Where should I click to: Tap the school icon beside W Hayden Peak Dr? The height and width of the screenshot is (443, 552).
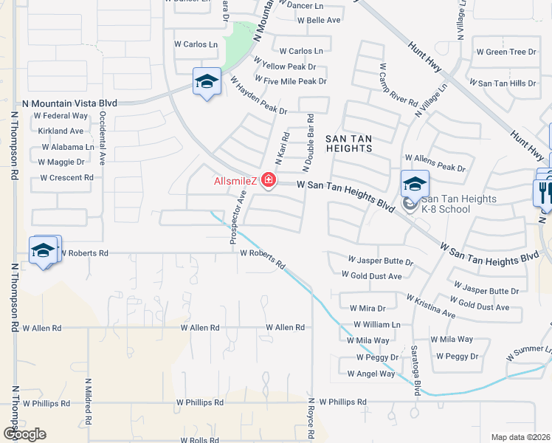click(207, 82)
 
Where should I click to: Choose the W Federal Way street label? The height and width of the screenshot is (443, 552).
click(61, 116)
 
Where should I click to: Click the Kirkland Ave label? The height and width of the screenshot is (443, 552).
click(61, 131)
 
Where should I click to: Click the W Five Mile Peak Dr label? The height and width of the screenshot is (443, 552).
click(290, 81)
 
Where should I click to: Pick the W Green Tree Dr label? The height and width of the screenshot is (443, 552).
click(506, 52)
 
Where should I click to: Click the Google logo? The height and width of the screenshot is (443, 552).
click(24, 433)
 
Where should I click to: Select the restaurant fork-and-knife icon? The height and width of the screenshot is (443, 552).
click(542, 193)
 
